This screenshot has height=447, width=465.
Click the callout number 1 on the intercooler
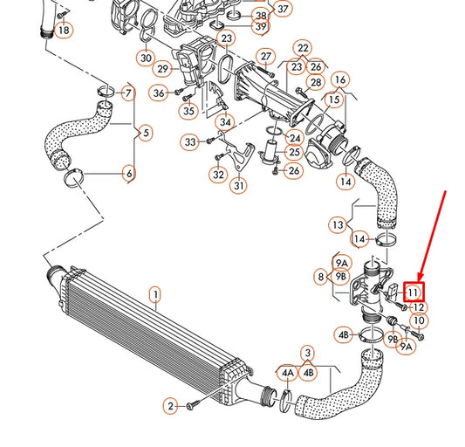(x=155, y=295)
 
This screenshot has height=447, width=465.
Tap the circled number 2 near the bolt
(x=171, y=406)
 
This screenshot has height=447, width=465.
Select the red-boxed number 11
(x=414, y=292)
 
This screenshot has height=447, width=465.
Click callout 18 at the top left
(x=63, y=31)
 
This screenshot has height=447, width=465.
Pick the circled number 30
(x=145, y=58)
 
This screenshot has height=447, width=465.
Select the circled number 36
(x=158, y=93)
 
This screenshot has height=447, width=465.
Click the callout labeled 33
(x=191, y=141)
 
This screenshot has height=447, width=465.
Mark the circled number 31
(x=239, y=184)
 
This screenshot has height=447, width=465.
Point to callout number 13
(x=337, y=224)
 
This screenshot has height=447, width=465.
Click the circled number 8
(x=321, y=277)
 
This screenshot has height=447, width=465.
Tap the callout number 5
(x=145, y=133)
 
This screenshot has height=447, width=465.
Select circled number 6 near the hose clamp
(x=129, y=174)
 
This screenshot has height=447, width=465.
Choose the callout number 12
(x=419, y=306)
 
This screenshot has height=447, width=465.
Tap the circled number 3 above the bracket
(x=308, y=353)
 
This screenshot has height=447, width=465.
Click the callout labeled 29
(x=162, y=68)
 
